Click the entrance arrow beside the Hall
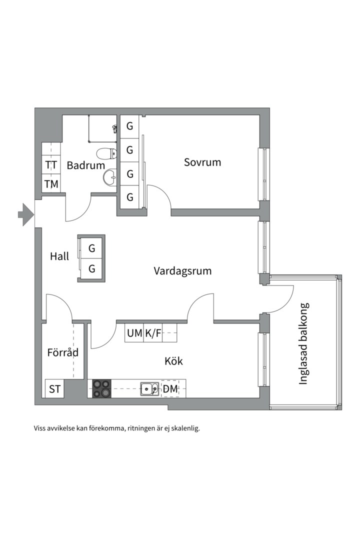[24, 215]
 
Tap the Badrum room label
[86, 165]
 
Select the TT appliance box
[51, 164]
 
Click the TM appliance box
[51, 184]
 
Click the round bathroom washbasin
[109, 177]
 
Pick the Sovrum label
[202, 162]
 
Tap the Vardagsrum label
[182, 271]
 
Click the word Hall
[59, 256]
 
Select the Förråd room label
[63, 352]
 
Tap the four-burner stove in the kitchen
[102, 388]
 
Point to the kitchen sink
[149, 388]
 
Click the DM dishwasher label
[170, 388]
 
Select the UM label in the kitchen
[134, 333]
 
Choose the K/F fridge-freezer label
[153, 333]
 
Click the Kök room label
[173, 361]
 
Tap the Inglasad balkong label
[303, 343]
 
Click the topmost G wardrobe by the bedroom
[129, 126]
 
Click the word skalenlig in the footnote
[183, 428]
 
